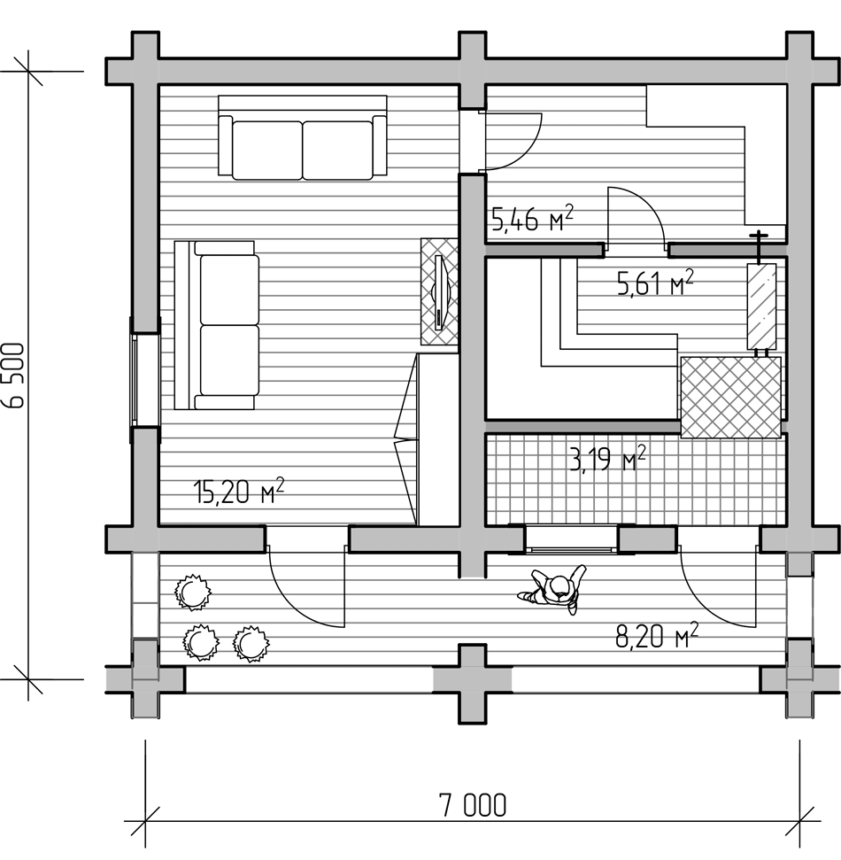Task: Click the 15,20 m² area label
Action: [238, 491]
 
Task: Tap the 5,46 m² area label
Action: [532, 218]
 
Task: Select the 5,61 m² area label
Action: [655, 283]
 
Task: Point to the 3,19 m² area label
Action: [607, 458]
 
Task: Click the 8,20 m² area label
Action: [657, 636]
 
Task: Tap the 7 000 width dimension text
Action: [473, 805]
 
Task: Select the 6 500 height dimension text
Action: [14, 376]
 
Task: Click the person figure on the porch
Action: [552, 590]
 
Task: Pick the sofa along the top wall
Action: [303, 137]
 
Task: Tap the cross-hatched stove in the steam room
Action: [731, 397]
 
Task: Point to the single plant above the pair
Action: [192, 593]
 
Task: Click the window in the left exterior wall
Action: [144, 380]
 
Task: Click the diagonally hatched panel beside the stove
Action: [762, 306]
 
